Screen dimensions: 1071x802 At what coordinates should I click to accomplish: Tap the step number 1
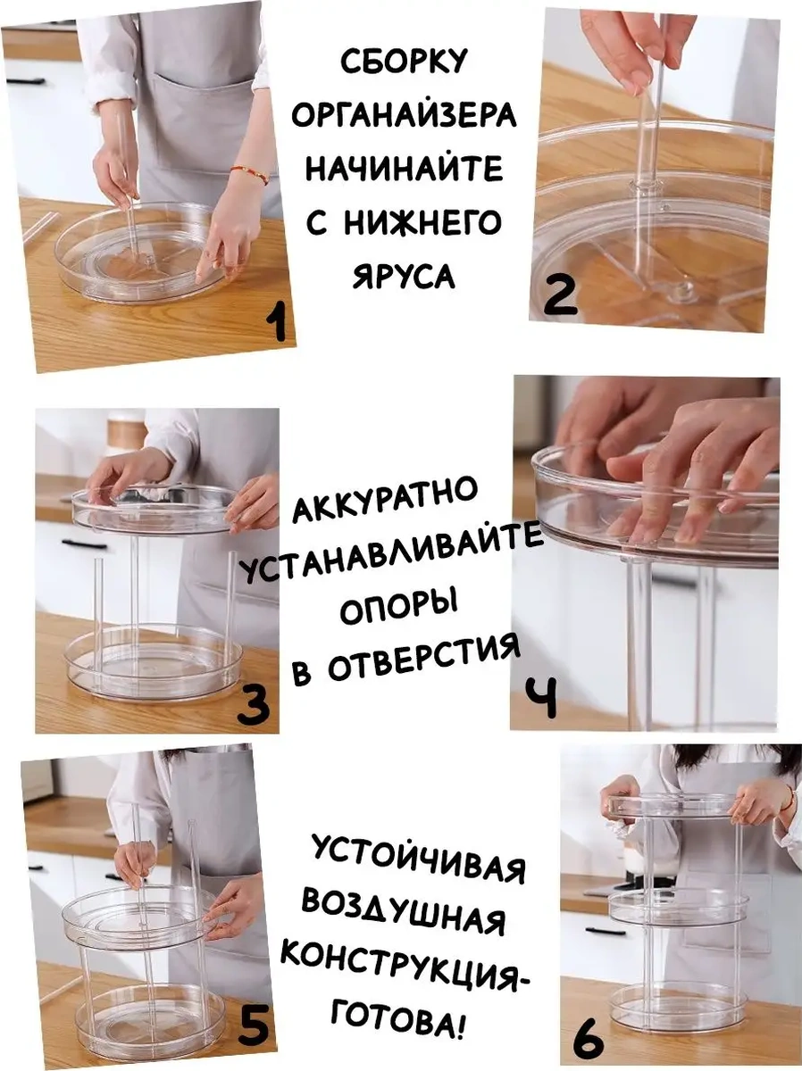279,321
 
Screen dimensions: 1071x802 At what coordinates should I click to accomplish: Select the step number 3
255,705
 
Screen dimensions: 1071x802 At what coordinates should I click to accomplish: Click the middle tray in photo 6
679,909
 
